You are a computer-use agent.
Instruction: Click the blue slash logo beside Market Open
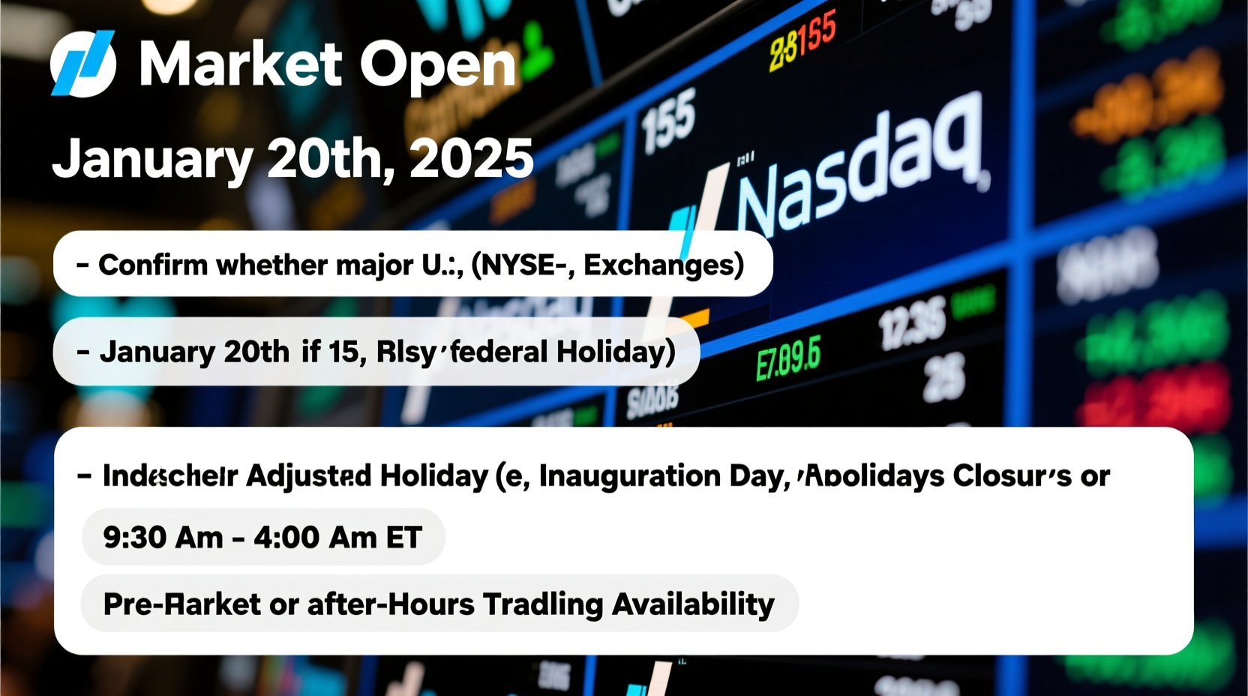click(x=83, y=64)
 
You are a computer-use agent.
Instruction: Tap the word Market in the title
click(x=240, y=64)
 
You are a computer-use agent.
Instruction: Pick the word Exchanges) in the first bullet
click(x=663, y=265)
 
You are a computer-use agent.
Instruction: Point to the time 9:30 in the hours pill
click(x=134, y=537)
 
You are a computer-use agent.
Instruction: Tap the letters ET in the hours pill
click(x=403, y=537)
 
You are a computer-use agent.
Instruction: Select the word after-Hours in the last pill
click(x=390, y=604)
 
